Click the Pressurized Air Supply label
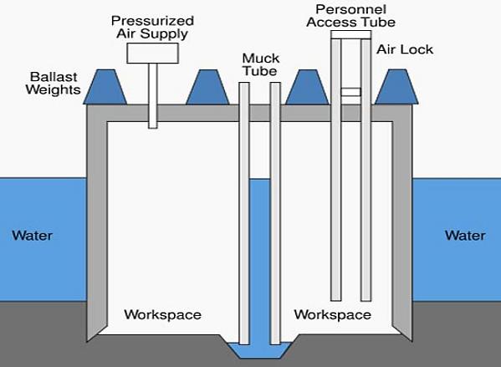tap(152, 28)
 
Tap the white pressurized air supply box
tap(152, 53)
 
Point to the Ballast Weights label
tap(53, 83)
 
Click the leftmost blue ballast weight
tap(105, 87)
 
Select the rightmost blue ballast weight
tap(396, 87)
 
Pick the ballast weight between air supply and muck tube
tap(207, 87)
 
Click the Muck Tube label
tap(261, 64)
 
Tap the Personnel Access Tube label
tap(350, 16)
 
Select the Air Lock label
tap(405, 49)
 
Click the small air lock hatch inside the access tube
tap(350, 92)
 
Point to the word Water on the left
tap(33, 236)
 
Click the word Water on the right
tap(465, 236)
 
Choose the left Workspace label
tap(162, 314)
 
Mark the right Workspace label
tap(333, 314)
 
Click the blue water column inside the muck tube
tap(260, 260)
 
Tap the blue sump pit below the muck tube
tap(260, 350)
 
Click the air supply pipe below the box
tap(153, 96)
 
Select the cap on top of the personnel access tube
tap(350, 34)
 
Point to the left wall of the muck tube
tap(244, 213)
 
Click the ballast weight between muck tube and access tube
tap(307, 87)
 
